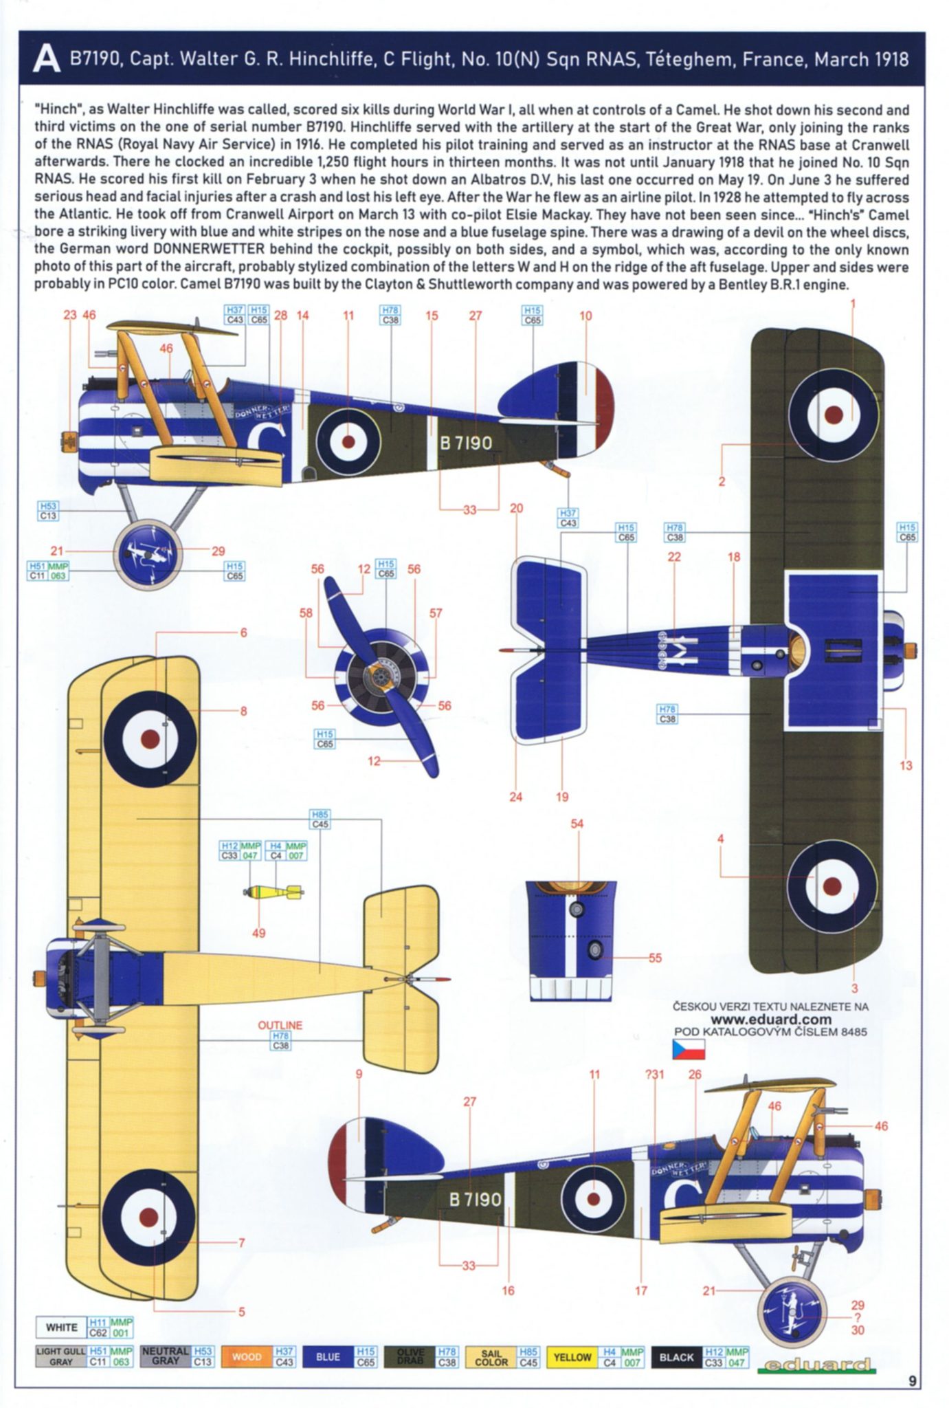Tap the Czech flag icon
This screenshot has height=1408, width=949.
coord(688,1049)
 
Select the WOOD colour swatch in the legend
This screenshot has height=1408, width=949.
coord(246,1357)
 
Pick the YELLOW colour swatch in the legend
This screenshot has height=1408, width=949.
coord(572,1357)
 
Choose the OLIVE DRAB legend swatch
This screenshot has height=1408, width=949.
coord(410,1357)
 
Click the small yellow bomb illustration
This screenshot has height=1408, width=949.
coord(273,892)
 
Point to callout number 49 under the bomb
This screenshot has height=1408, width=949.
coord(258,933)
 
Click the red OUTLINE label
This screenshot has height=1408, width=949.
coord(280,1025)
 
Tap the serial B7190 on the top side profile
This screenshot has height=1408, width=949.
coord(466,443)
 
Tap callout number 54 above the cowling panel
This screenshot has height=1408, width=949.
coord(577,824)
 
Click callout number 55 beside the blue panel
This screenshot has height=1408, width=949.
coord(655,957)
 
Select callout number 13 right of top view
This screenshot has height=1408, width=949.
coord(906,765)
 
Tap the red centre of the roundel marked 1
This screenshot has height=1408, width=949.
coord(833,414)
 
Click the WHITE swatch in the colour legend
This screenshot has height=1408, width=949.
coord(61,1327)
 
